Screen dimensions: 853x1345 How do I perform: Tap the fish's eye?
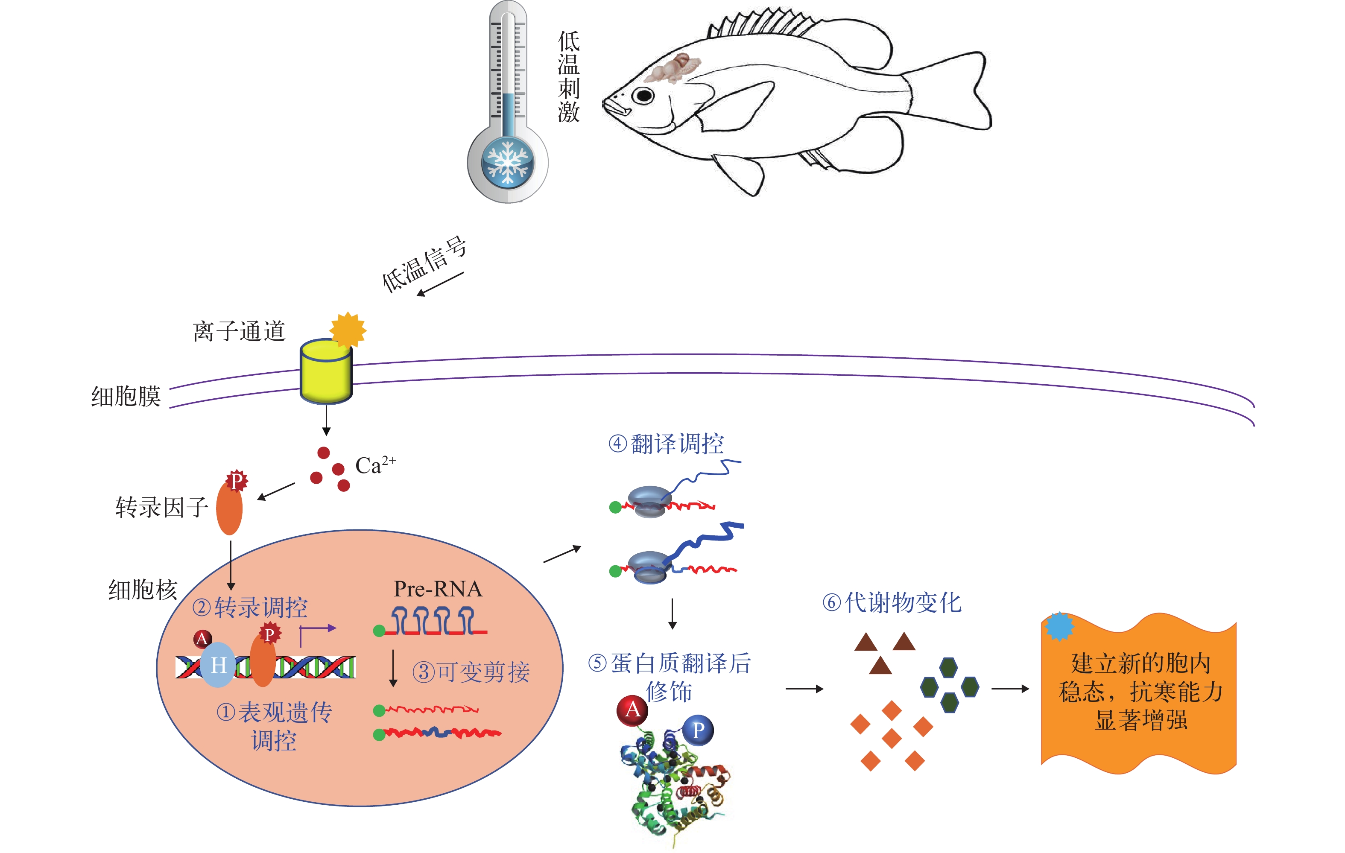click(x=643, y=96)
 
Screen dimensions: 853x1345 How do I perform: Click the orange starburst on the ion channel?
click(x=348, y=330)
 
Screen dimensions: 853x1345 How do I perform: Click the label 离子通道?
click(x=239, y=331)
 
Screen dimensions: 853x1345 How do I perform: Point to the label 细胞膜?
click(x=126, y=396)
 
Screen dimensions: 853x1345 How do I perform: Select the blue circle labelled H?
click(x=218, y=665)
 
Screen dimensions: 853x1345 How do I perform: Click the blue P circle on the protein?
click(x=698, y=730)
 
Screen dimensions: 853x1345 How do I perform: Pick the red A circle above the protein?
click(x=632, y=710)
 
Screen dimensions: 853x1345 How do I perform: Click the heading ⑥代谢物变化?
click(x=892, y=603)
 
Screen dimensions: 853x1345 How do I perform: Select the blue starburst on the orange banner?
click(x=1059, y=626)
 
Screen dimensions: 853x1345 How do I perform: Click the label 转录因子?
click(x=161, y=507)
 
